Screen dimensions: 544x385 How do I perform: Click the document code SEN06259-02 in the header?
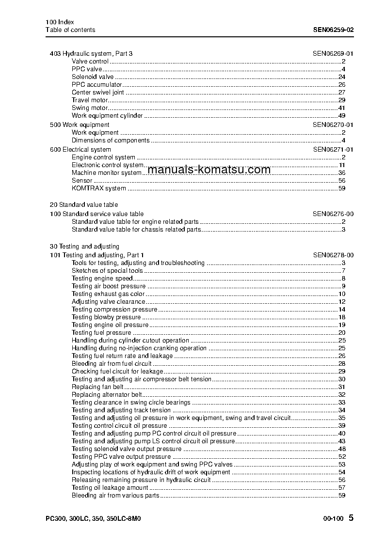(333, 30)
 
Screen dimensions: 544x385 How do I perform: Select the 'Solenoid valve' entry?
(93, 77)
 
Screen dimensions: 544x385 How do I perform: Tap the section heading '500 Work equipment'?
(80, 124)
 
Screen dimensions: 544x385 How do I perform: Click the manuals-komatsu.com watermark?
(209, 170)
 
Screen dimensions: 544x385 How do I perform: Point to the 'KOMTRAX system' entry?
(98, 188)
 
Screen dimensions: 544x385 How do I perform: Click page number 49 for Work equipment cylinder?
(341, 116)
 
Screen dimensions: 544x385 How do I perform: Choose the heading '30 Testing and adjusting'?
(84, 246)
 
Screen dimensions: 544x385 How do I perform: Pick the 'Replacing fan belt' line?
(97, 387)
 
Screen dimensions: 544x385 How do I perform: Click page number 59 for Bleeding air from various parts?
(341, 496)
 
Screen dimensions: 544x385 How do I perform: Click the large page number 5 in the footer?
(351, 518)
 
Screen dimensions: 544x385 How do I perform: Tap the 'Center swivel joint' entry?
(97, 92)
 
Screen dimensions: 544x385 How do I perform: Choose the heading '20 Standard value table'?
(84, 204)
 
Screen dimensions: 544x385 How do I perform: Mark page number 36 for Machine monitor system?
(341, 172)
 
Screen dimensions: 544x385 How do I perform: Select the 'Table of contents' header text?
(70, 30)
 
